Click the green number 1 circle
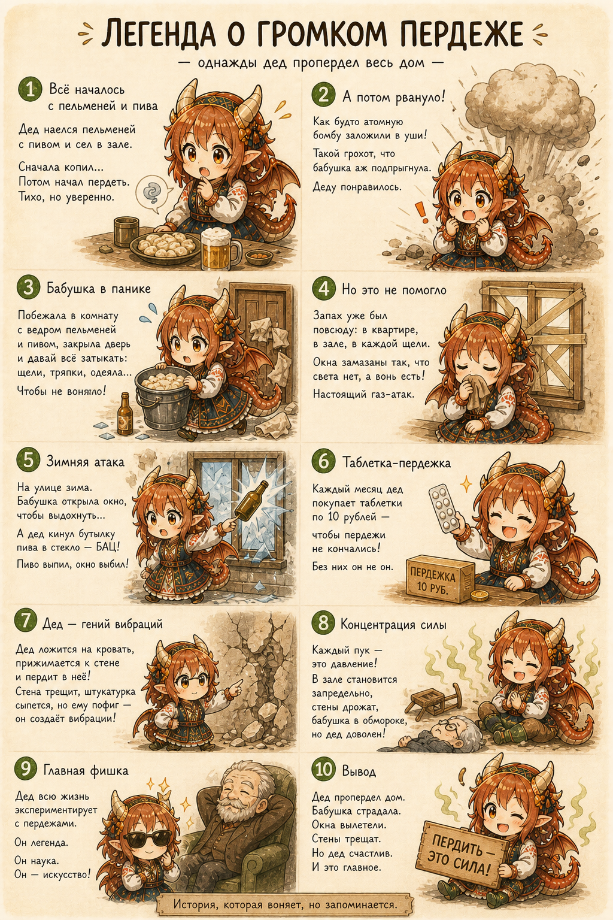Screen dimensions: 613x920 pyautogui.click(x=30, y=89)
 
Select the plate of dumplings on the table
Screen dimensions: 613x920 pyautogui.click(x=165, y=246)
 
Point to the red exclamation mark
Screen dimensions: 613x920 pyautogui.click(x=421, y=213)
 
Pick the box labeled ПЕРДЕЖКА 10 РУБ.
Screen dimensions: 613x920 pyautogui.click(x=441, y=578)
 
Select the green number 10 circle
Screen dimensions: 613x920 pyautogui.click(x=324, y=769)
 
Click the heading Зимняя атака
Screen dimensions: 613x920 pyautogui.click(x=85, y=461)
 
